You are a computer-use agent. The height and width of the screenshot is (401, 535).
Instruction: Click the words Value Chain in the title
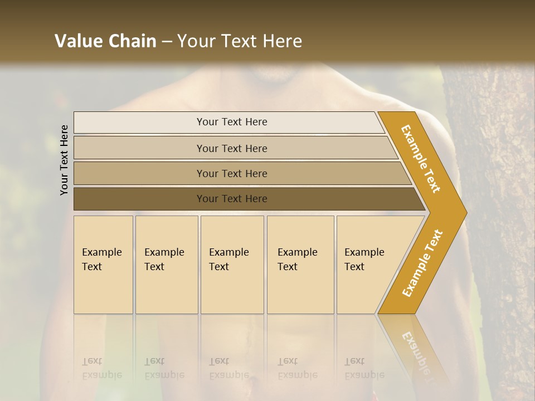coord(105,41)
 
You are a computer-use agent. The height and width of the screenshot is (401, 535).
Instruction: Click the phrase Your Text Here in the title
coord(240,41)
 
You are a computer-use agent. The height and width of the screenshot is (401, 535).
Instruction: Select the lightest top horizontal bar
coord(231,122)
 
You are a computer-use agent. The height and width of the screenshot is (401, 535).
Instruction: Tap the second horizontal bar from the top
coord(231,148)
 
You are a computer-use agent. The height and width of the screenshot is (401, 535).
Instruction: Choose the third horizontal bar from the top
coord(231,173)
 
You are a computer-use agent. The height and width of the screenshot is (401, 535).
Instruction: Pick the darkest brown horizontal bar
coord(231,199)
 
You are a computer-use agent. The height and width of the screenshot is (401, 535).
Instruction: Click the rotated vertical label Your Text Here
coord(65,160)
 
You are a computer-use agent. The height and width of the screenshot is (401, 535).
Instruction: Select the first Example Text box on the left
coord(103,265)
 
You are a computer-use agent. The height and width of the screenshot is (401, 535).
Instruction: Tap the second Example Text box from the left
coord(167,265)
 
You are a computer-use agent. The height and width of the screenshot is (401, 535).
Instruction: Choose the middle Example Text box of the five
coord(232,265)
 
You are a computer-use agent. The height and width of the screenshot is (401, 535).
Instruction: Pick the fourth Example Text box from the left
coord(300,265)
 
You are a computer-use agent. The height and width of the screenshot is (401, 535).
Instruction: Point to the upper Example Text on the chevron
coord(421,159)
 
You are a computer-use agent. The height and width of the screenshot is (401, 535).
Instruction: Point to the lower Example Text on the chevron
coord(422,263)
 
